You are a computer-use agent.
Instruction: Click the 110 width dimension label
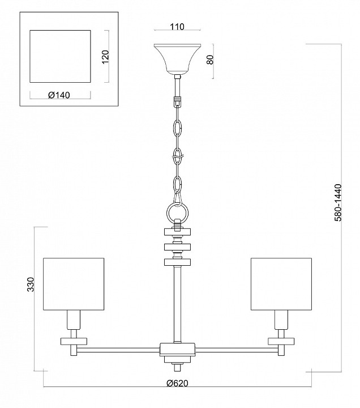[x=177, y=27]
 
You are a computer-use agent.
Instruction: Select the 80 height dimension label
[x=210, y=59]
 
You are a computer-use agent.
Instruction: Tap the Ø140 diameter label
[x=59, y=95]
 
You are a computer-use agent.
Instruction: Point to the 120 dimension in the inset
[x=105, y=57]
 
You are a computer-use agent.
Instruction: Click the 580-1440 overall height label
[x=337, y=202]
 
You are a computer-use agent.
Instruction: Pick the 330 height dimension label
[x=31, y=284]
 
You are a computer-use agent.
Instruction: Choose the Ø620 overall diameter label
[x=177, y=383]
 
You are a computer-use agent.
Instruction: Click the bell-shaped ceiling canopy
[x=178, y=59]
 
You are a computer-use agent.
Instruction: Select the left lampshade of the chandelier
[x=74, y=284]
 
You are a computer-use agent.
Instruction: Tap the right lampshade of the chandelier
[x=281, y=284]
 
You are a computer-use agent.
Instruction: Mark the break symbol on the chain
[x=178, y=158]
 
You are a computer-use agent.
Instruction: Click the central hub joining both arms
[x=177, y=350]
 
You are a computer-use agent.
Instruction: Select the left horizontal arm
[x=118, y=350]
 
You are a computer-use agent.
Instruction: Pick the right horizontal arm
[x=236, y=350]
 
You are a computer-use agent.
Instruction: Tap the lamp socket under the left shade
[x=74, y=319]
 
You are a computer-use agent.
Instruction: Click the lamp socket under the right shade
[x=281, y=319]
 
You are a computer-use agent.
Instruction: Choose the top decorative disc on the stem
[x=178, y=231]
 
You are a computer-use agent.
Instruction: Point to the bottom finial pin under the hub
[x=178, y=368]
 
